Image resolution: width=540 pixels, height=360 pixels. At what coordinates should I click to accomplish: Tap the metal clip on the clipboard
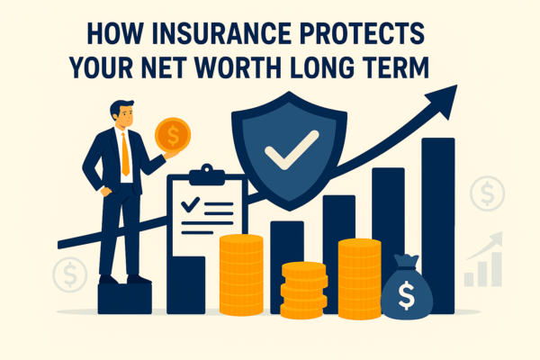[206, 172]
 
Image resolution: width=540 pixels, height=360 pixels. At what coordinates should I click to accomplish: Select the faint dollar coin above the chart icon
[487, 193]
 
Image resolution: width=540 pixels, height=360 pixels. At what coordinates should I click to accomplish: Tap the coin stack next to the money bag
[359, 276]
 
